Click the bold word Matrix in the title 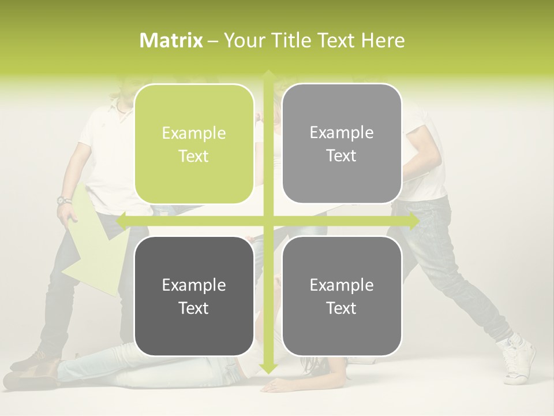pos(171,40)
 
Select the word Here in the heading pos(383,40)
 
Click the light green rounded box pos(194,144)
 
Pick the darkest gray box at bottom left pos(194,296)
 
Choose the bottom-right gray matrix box pos(342,296)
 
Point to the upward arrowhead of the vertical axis pos(268,75)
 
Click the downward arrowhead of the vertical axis pos(268,368)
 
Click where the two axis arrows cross pos(268,221)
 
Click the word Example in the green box pos(194,133)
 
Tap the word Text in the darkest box pos(194,308)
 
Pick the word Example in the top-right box pos(342,133)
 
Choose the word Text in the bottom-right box pos(342,308)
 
